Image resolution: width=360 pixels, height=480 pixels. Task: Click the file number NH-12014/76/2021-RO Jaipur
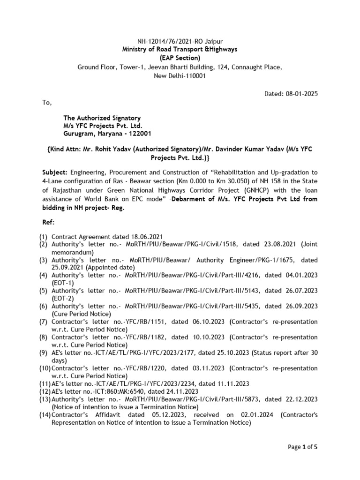(x=180, y=41)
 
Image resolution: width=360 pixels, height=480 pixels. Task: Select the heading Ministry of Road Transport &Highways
(x=180, y=49)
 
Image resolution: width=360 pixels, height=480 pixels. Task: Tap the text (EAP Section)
(x=180, y=58)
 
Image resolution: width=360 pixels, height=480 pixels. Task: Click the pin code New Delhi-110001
(x=180, y=76)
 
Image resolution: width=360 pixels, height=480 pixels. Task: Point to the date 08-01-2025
(x=302, y=94)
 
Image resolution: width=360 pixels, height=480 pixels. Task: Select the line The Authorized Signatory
(x=102, y=118)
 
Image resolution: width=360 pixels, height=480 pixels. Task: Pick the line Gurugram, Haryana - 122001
(x=107, y=135)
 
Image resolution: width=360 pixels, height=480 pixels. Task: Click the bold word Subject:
(x=55, y=172)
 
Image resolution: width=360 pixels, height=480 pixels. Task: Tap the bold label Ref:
(x=48, y=223)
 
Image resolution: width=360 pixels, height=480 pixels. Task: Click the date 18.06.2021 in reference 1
(x=143, y=237)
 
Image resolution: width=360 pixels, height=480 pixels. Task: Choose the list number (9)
(x=44, y=352)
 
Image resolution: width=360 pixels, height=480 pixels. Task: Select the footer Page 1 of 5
(x=302, y=447)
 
